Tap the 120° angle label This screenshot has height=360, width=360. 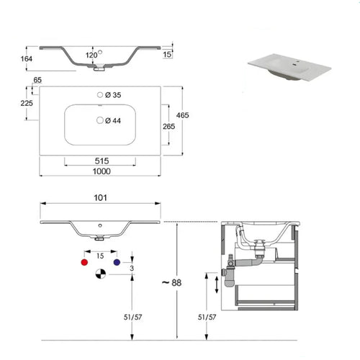(91, 55)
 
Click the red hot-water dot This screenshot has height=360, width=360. (86, 265)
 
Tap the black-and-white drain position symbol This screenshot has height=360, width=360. (99, 274)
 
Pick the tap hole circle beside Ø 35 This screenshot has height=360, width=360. (99, 96)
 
